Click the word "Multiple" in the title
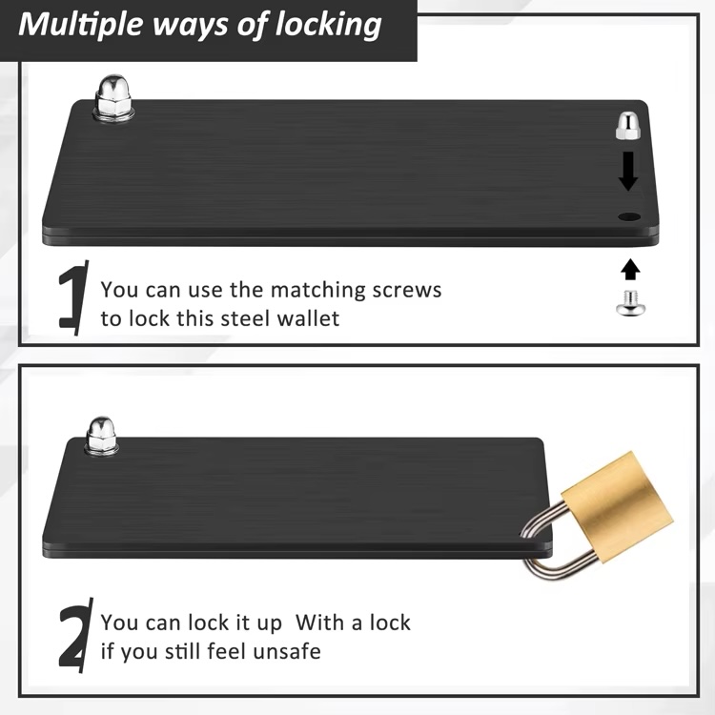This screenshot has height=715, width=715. click(81, 25)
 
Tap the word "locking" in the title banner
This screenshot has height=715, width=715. click(329, 26)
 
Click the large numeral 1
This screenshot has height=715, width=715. click(73, 297)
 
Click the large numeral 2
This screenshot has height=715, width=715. click(75, 635)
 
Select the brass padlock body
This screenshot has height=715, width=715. click(617, 507)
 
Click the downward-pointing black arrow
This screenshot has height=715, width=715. click(628, 171)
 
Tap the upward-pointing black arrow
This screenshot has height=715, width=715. click(630, 269)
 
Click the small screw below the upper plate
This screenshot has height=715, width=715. click(629, 303)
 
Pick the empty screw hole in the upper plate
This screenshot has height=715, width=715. click(629, 216)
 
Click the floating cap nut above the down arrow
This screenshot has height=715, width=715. click(628, 126)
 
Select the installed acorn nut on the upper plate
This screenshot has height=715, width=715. click(114, 98)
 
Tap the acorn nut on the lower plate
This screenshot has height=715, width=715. click(102, 436)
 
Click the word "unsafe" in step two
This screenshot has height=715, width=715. click(287, 651)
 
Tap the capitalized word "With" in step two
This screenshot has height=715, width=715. click(319, 623)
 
